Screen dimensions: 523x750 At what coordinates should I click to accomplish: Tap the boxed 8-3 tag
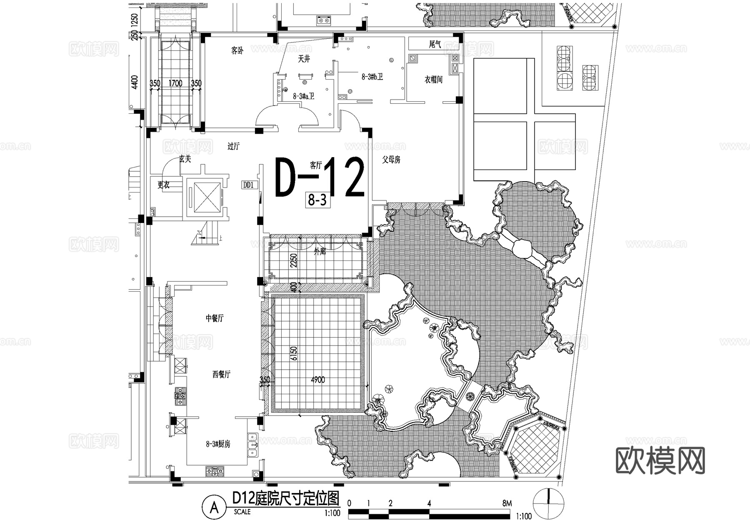pyautogui.click(x=317, y=200)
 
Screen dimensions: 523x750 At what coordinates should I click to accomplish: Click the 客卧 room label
pyautogui.click(x=237, y=51)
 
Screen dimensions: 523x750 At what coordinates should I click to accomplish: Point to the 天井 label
pyautogui.click(x=304, y=59)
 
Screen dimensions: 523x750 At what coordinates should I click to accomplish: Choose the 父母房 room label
pyautogui.click(x=391, y=160)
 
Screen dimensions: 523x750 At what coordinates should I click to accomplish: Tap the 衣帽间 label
pyautogui.click(x=433, y=80)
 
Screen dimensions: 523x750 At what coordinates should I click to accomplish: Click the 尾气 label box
pyautogui.click(x=435, y=44)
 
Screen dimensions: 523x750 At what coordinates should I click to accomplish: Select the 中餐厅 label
pyautogui.click(x=214, y=318)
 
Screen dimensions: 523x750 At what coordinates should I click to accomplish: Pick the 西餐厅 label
pyautogui.click(x=221, y=375)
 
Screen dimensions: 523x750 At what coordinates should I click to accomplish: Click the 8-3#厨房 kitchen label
pyautogui.click(x=218, y=444)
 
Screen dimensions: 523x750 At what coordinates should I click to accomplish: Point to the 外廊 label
pyautogui.click(x=320, y=252)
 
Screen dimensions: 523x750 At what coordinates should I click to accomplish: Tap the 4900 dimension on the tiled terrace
pyautogui.click(x=317, y=380)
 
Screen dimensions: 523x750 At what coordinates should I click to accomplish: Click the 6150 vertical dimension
pyautogui.click(x=294, y=353)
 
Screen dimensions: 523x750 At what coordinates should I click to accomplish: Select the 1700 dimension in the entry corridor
pyautogui.click(x=175, y=83)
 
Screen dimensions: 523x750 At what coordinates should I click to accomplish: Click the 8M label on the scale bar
pyautogui.click(x=507, y=503)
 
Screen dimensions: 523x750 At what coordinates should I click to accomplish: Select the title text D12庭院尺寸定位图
pyautogui.click(x=286, y=498)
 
